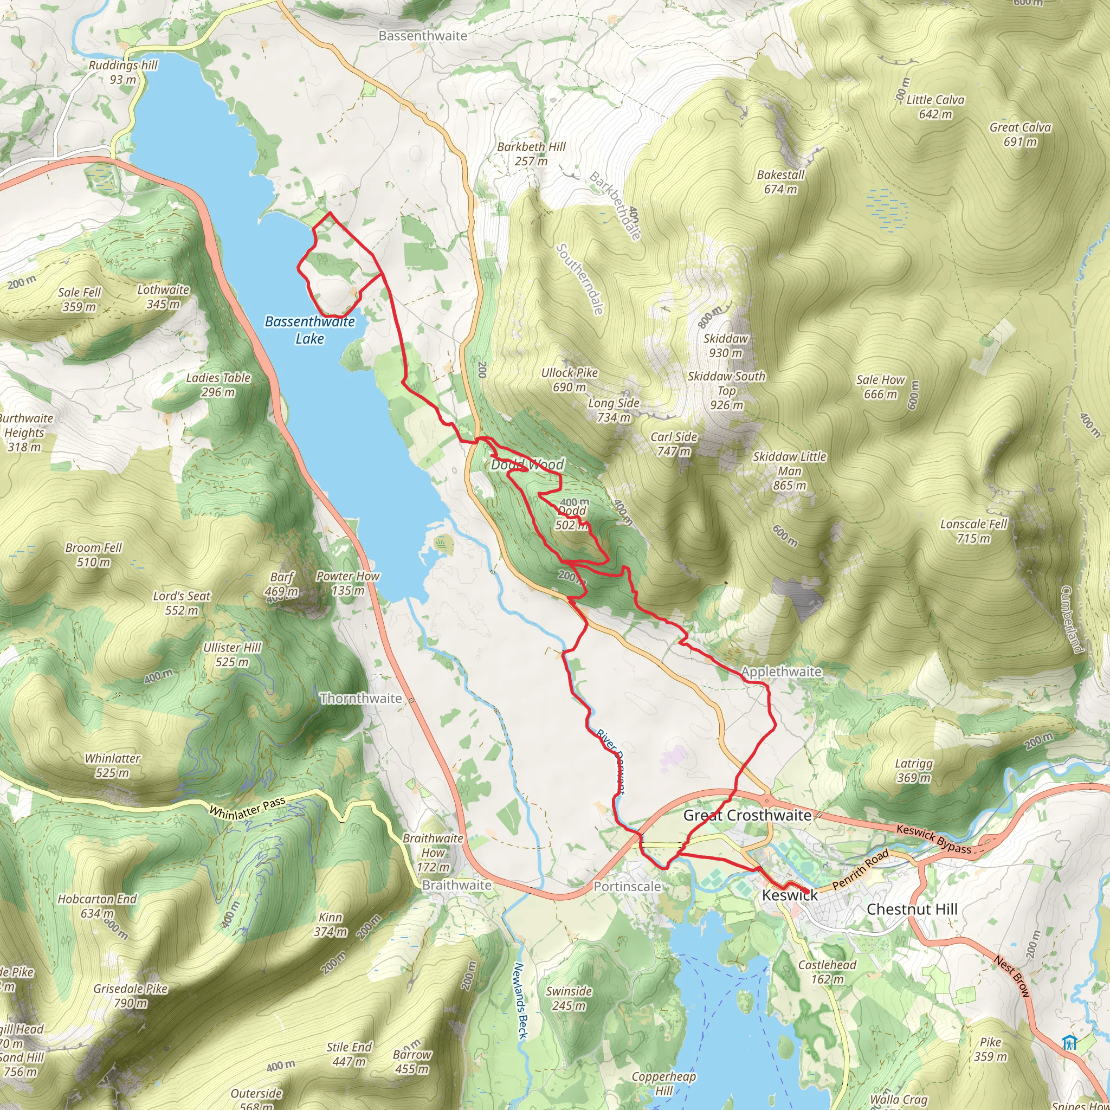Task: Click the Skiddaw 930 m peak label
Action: [x=725, y=345]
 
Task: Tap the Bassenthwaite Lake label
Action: [x=309, y=330]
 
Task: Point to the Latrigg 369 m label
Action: [x=913, y=771]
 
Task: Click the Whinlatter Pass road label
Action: [x=247, y=808]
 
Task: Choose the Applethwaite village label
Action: [x=781, y=671]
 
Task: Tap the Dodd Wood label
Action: [x=527, y=464]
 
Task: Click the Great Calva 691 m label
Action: [x=1020, y=134]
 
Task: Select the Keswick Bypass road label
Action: [x=933, y=839]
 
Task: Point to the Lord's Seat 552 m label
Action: [x=182, y=603]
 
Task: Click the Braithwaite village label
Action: [x=457, y=885]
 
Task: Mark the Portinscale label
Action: [x=627, y=886]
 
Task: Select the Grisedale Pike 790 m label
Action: [x=131, y=995]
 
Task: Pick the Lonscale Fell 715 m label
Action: [x=973, y=531]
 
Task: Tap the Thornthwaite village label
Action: [x=361, y=698]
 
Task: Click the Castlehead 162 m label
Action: [x=827, y=972]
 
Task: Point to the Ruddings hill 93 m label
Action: [x=123, y=72]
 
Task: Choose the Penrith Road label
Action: [x=860, y=869]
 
